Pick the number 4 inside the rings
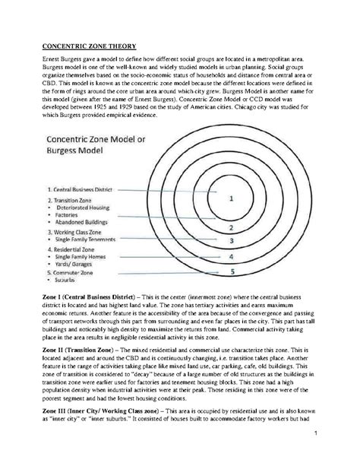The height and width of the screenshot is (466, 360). click(x=232, y=257)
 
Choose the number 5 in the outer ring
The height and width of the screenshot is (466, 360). click(x=232, y=271)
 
